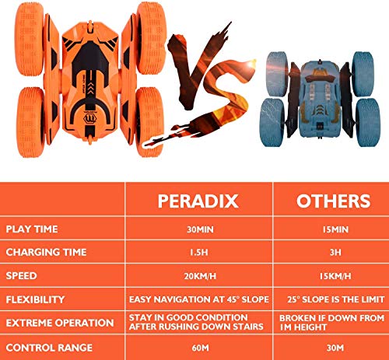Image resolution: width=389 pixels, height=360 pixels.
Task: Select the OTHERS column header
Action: [x=333, y=200]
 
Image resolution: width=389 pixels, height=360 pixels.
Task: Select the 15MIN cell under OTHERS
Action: [x=333, y=229]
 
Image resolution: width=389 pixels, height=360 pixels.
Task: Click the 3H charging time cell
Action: [x=333, y=252]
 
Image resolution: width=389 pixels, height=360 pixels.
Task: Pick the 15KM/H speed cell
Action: [x=333, y=275]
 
